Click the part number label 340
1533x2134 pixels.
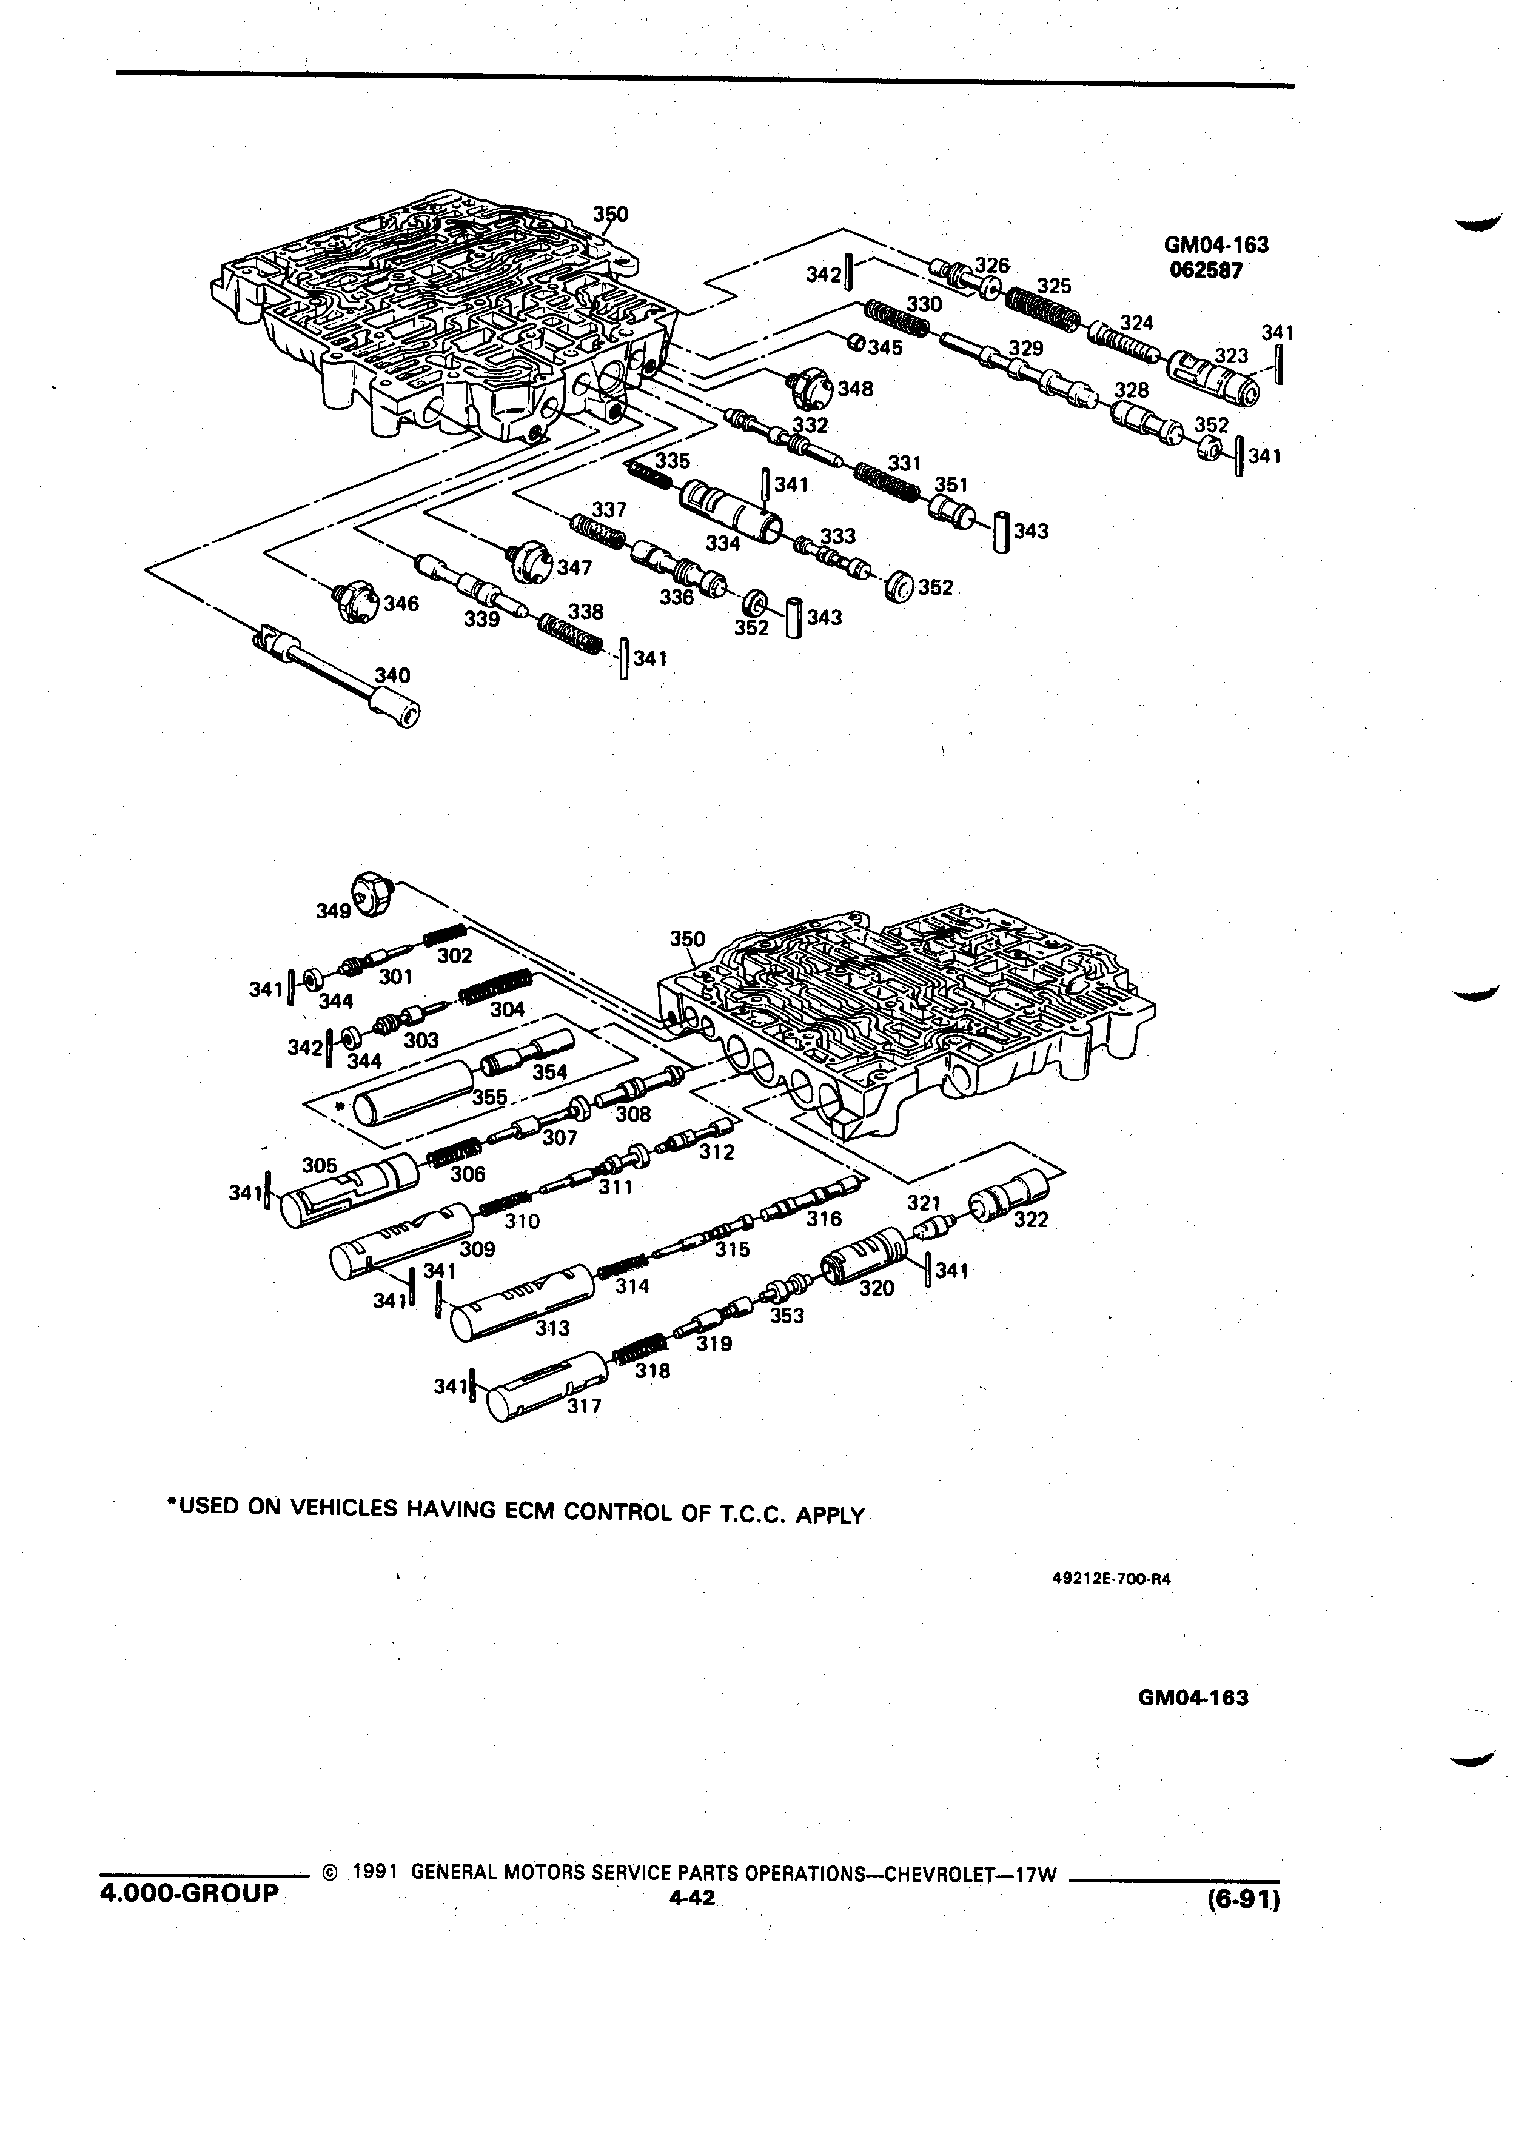(392, 675)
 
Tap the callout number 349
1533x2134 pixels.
(333, 911)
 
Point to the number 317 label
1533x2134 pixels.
(583, 1406)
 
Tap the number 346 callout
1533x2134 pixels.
(401, 603)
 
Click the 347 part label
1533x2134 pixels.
(574, 568)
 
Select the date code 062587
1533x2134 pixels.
(1207, 269)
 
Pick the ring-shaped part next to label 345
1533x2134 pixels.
(856, 341)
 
